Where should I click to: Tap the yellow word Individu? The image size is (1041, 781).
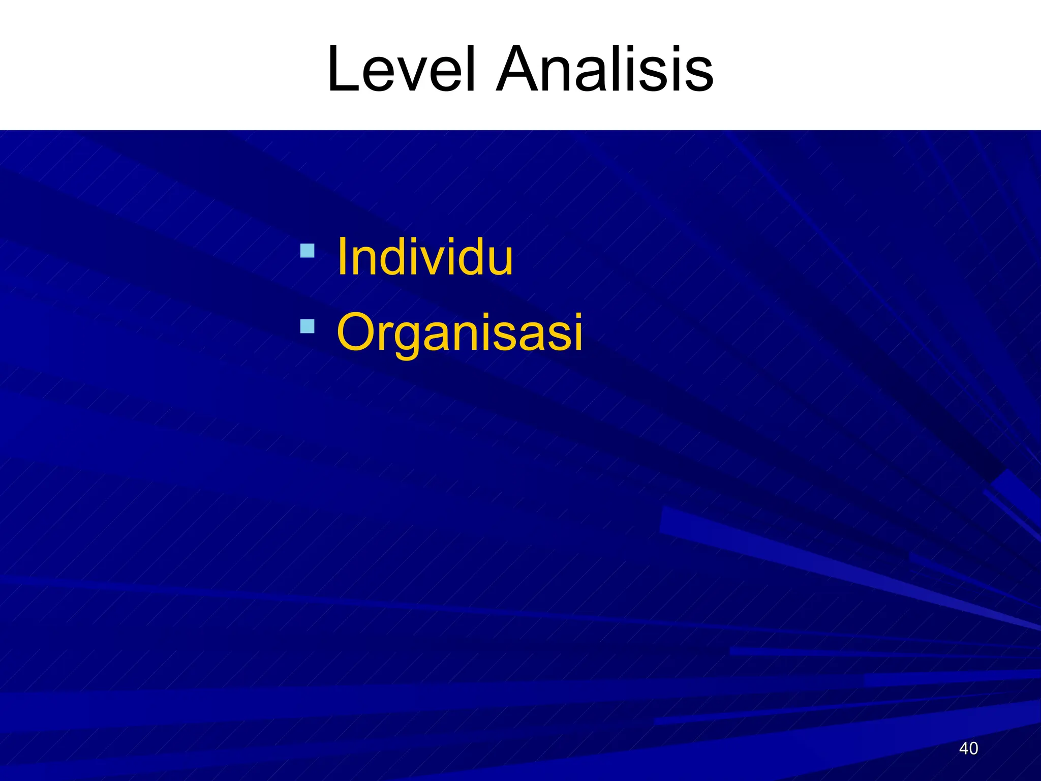coord(425,257)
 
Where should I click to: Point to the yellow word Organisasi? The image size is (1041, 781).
coord(460,333)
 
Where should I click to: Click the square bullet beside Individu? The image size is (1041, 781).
coord(307,251)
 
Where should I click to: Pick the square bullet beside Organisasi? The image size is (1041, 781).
coord(307,326)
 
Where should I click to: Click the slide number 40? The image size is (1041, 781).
coord(968,748)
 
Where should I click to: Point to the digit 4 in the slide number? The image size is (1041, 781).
coord(963,748)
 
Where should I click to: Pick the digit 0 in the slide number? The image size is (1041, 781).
coord(973,748)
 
